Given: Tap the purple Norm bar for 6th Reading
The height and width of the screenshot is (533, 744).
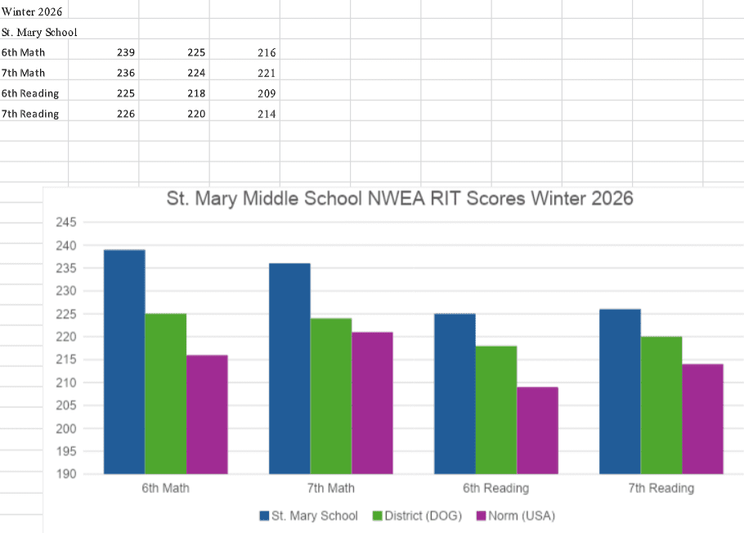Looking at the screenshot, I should click(x=537, y=430).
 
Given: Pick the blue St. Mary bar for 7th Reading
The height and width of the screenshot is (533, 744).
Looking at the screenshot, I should click(x=620, y=391).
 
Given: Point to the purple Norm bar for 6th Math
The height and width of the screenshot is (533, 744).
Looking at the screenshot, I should click(x=207, y=414).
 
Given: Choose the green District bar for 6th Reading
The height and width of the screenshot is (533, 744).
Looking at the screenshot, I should click(x=496, y=410).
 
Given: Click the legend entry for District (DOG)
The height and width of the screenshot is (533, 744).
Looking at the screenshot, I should click(x=417, y=516).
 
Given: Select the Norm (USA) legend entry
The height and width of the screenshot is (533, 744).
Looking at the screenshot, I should click(x=514, y=516).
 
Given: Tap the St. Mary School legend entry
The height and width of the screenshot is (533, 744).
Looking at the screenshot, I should click(x=308, y=516).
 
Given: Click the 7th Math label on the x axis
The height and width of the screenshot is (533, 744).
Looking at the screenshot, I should click(x=330, y=488).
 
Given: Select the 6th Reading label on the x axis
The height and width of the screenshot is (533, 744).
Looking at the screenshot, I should click(x=495, y=488).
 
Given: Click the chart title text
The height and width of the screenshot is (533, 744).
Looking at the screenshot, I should click(x=400, y=199).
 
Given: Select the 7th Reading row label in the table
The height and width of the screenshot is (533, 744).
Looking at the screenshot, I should click(x=30, y=114).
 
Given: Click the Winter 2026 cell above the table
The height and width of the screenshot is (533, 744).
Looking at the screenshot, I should click(x=32, y=11).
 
